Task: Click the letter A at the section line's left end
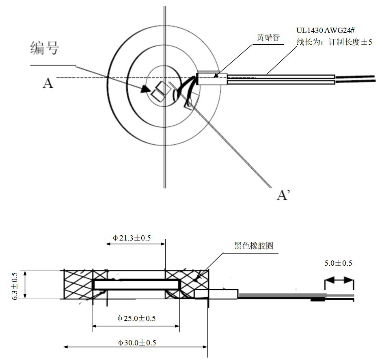(47, 83)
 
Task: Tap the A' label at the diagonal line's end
(283, 195)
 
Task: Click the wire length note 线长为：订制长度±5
(334, 42)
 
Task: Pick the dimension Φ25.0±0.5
(136, 318)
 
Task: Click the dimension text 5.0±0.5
(338, 263)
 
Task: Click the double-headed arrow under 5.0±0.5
(339, 280)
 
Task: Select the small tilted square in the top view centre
(159, 90)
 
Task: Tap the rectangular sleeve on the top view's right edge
(212, 78)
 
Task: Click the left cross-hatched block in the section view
(79, 284)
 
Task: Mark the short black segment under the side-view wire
(318, 300)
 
